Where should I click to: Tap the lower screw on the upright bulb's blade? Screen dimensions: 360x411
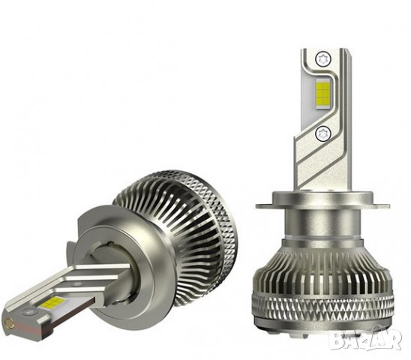[324, 133]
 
